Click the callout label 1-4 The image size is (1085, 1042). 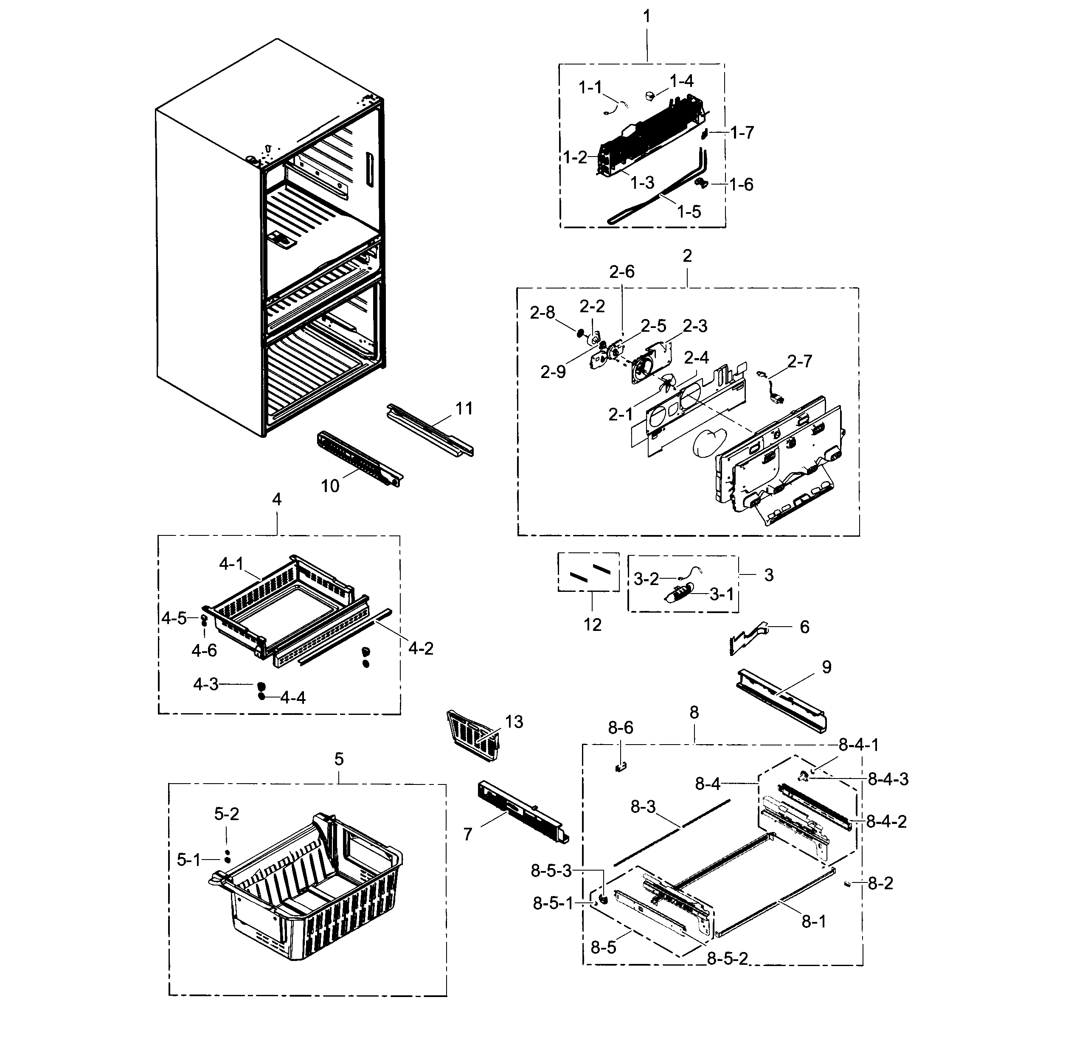click(x=681, y=81)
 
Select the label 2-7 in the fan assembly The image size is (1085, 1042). click(x=799, y=361)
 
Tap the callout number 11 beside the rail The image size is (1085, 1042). click(x=464, y=409)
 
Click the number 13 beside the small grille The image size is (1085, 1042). click(x=514, y=722)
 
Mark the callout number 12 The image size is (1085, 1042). click(x=592, y=625)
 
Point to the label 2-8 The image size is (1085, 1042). click(x=542, y=313)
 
